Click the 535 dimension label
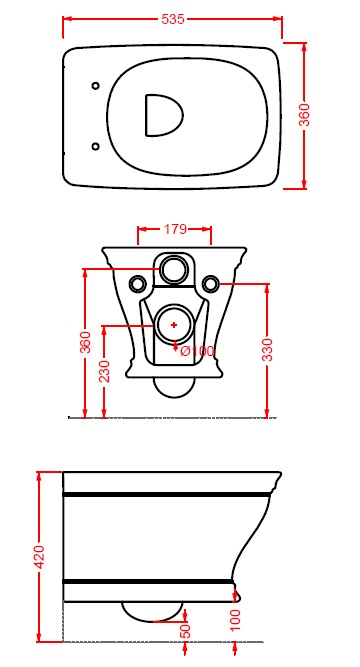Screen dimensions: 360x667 click(x=173, y=19)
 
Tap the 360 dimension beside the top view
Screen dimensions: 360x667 click(x=305, y=115)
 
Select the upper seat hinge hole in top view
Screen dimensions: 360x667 click(x=96, y=86)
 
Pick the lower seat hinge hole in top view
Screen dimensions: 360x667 click(x=96, y=147)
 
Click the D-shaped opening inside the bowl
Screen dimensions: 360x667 click(x=164, y=115)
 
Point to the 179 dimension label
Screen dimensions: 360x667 click(x=175, y=229)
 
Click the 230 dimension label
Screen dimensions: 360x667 click(x=104, y=371)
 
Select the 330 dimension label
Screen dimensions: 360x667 click(x=267, y=350)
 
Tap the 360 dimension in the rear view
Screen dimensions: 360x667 click(x=86, y=342)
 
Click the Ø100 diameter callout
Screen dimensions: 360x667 click(x=197, y=351)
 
